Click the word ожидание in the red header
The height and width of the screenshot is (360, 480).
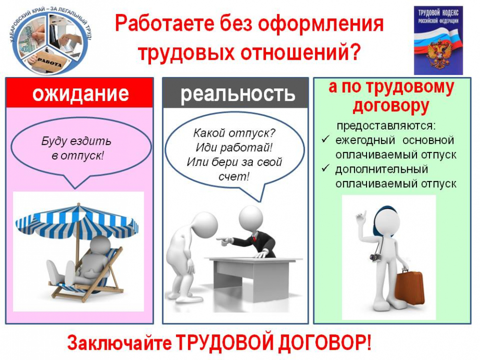(x=81, y=93)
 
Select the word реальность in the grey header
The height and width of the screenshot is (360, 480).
(x=237, y=94)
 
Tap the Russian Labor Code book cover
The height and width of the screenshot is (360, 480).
(x=438, y=41)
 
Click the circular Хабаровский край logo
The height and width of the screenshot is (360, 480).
(x=51, y=40)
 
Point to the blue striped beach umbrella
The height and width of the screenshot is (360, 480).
(x=77, y=223)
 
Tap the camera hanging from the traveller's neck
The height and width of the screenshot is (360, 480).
(x=375, y=257)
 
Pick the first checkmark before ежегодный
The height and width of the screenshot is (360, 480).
(x=325, y=140)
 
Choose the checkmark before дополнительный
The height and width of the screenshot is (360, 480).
(x=325, y=169)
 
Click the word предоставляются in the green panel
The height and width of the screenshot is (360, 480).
(x=386, y=126)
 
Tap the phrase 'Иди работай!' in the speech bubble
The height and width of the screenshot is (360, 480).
(x=234, y=148)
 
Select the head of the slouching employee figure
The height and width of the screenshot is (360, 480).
(x=205, y=225)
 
